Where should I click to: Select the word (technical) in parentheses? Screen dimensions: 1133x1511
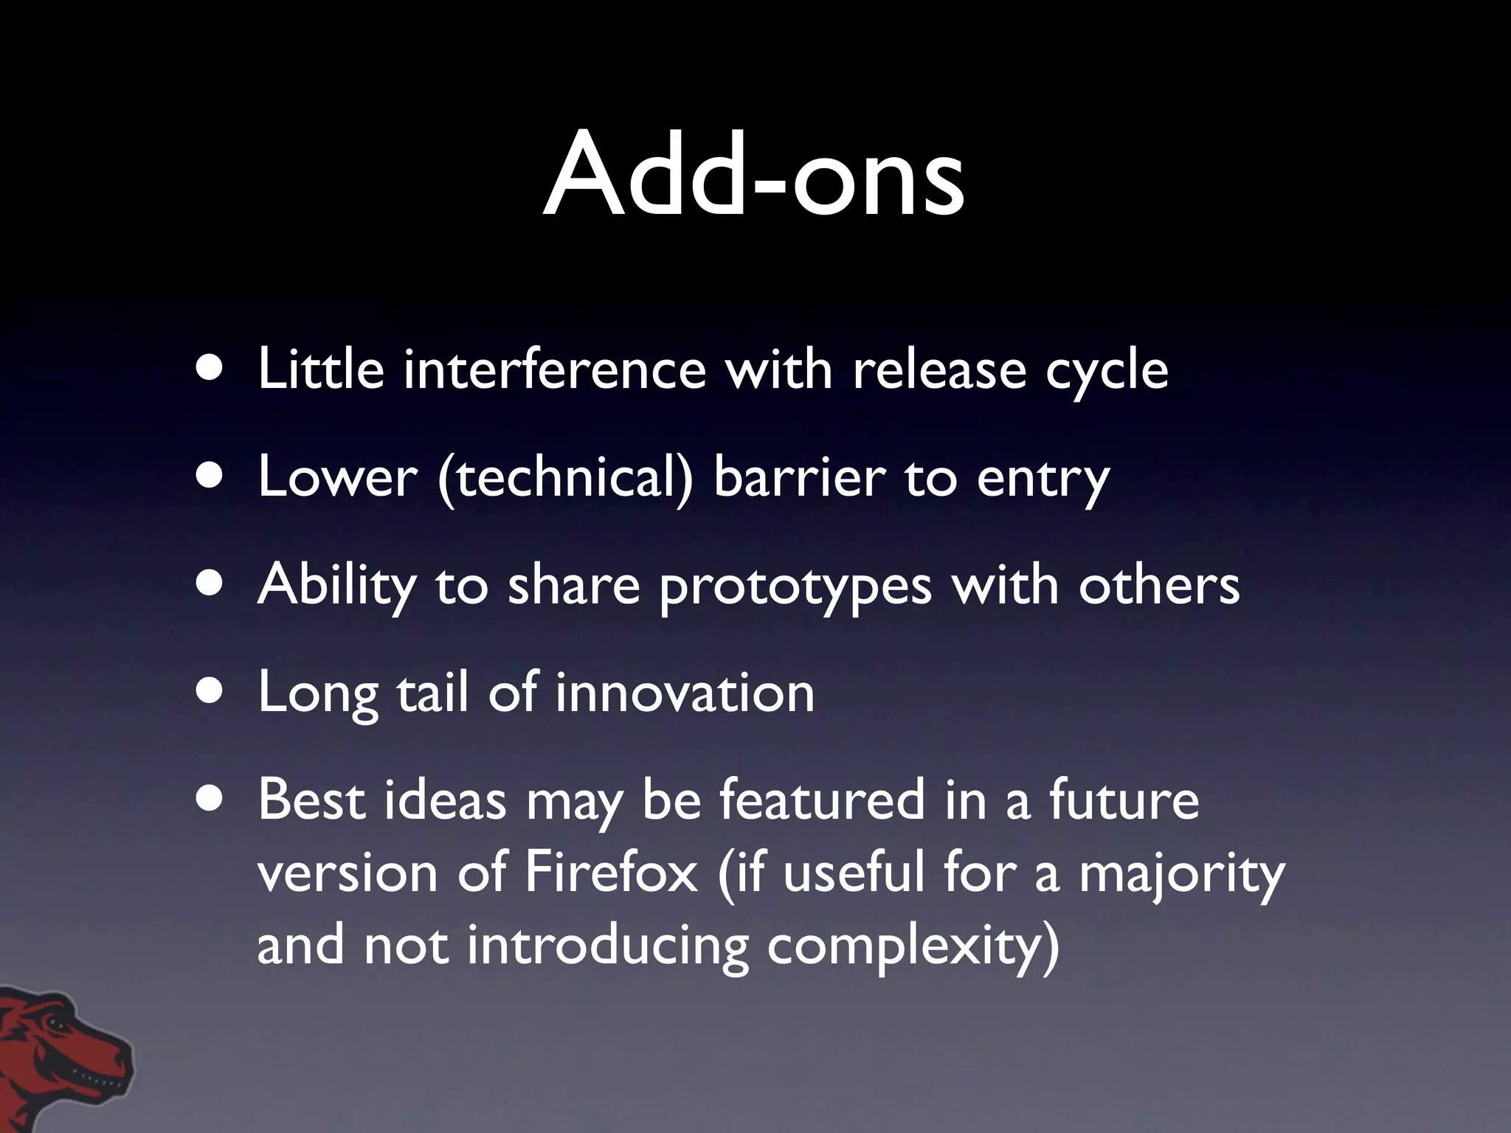point(565,478)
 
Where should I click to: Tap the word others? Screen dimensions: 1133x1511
point(1159,585)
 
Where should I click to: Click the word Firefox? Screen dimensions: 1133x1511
point(611,873)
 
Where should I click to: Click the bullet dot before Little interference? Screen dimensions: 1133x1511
point(212,368)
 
